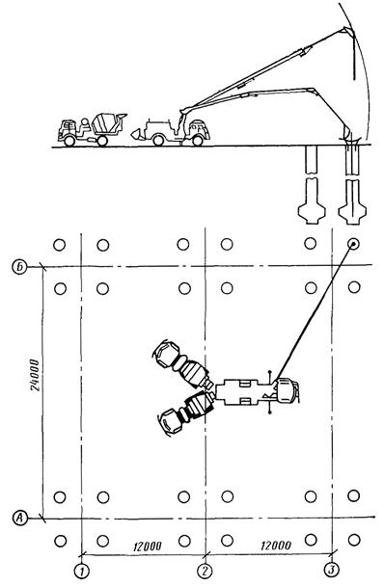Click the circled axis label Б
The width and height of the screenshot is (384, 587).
pos(21,267)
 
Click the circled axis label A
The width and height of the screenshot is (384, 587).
pos(19,518)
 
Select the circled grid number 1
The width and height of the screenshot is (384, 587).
pos(81,571)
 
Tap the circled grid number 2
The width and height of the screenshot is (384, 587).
pos(205,571)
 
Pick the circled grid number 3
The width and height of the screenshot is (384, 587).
pos(331,570)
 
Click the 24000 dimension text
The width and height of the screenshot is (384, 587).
pos(35,375)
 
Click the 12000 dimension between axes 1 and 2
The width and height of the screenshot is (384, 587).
pos(147,547)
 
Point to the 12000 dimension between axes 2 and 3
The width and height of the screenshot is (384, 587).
pos(276,546)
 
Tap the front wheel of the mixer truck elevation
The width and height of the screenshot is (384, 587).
pos(69,141)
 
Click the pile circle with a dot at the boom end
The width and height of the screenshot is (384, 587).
pos(353,245)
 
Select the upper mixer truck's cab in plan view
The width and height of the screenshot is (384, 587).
pos(166,353)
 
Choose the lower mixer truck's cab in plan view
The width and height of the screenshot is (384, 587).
pos(171,421)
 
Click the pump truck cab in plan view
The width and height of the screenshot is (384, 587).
pos(288,391)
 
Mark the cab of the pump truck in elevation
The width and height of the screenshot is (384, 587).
pos(199,129)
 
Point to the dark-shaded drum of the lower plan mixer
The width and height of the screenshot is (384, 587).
pos(200,406)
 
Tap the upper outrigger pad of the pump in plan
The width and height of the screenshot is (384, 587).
pos(269,372)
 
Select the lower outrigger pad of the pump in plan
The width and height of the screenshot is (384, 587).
pos(269,413)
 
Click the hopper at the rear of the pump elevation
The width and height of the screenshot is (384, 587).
pos(137,133)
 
